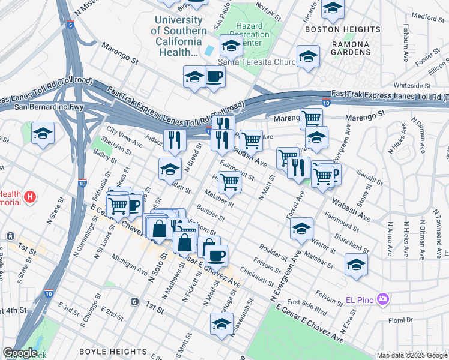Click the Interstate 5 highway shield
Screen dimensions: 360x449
click(71, 25)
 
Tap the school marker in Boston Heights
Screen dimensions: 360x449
click(332, 8)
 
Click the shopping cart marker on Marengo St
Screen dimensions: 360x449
click(311, 118)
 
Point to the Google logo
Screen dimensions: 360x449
click(20, 353)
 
